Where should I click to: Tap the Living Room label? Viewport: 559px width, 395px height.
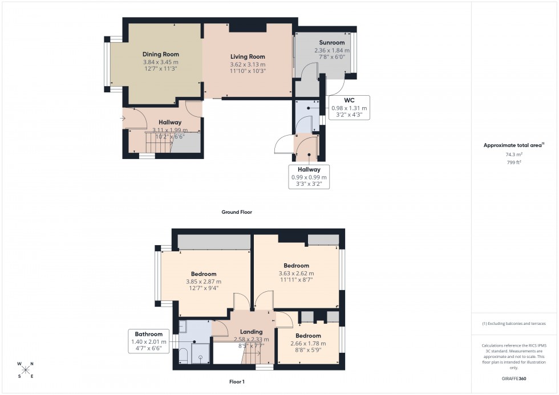[248, 56]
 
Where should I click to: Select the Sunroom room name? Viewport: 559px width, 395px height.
[331, 43]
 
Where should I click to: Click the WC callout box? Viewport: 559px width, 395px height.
[349, 108]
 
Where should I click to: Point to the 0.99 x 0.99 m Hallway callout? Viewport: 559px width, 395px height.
[308, 177]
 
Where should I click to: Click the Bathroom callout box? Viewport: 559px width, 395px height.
[149, 341]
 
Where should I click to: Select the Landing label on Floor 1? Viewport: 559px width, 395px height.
[251, 332]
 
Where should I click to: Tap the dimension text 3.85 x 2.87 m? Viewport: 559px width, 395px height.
[204, 282]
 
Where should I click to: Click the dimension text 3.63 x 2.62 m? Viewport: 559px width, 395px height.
[296, 274]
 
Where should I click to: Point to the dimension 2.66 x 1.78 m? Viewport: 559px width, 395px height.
[308, 344]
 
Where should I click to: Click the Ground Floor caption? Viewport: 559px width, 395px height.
[237, 212]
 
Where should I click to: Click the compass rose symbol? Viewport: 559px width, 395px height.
[25, 370]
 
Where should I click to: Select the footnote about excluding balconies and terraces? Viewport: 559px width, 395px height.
[513, 323]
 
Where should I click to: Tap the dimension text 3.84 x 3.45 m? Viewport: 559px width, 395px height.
[160, 62]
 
